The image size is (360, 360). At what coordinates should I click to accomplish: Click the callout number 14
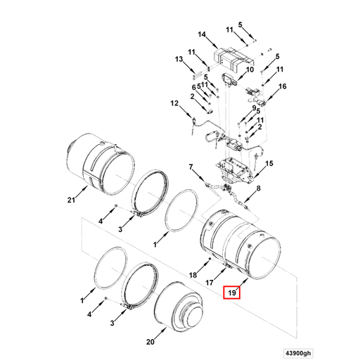[202, 35]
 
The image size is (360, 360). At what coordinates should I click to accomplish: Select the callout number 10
[249, 70]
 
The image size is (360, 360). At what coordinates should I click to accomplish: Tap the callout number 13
[179, 60]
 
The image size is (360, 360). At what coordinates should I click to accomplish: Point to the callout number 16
[283, 87]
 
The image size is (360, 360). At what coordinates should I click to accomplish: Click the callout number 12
[174, 104]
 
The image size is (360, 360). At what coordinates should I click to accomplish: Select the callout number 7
[190, 167]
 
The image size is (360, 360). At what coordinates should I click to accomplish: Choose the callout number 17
[209, 283]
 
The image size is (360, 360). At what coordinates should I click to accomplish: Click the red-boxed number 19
[231, 292]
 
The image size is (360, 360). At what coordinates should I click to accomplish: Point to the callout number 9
[254, 108]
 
